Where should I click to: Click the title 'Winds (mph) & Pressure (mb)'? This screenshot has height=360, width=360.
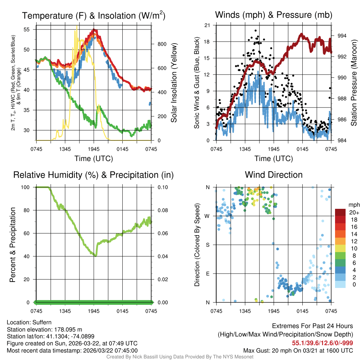[x=274, y=15]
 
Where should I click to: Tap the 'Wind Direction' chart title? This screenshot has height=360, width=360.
[x=274, y=175]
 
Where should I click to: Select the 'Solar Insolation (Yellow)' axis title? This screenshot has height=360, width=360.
[x=174, y=83]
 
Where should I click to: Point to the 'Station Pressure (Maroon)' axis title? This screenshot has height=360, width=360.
[x=354, y=83]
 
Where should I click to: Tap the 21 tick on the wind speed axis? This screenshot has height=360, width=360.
[x=207, y=25]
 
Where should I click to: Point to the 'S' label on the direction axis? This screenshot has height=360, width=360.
[x=208, y=245]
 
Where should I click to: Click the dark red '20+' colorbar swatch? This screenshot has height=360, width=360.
[x=340, y=212]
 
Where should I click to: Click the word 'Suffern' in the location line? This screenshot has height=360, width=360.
[x=42, y=322]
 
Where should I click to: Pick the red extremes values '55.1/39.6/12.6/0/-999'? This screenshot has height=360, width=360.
[x=322, y=343]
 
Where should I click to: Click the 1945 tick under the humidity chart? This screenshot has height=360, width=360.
[x=94, y=311]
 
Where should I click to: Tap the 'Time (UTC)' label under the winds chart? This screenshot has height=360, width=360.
[x=274, y=159]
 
